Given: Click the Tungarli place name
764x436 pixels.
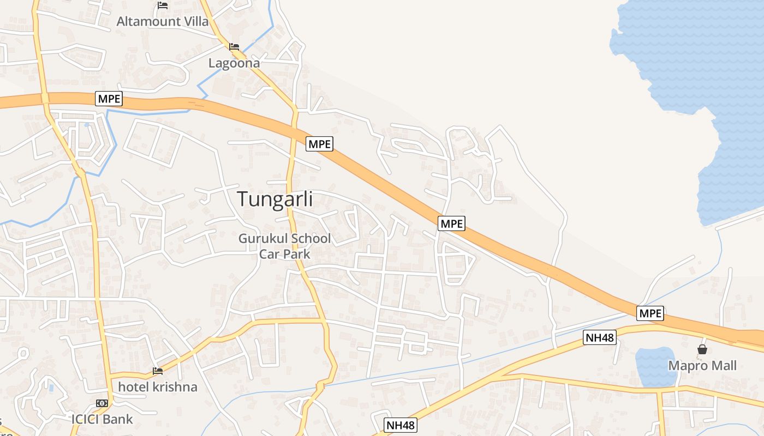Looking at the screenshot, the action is pyautogui.click(x=275, y=199).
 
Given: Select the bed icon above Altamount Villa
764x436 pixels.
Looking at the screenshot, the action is pyautogui.click(x=163, y=5).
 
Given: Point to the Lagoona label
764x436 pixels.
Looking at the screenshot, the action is pyautogui.click(x=234, y=63).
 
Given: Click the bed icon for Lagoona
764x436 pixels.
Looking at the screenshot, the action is pyautogui.click(x=234, y=47).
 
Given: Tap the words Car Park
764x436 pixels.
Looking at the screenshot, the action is pyautogui.click(x=284, y=254).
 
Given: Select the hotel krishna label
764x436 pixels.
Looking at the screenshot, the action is pyautogui.click(x=158, y=387).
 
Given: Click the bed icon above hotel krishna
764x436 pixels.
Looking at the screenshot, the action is pyautogui.click(x=158, y=371).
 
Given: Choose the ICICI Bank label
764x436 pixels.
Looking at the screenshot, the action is pyautogui.click(x=102, y=419).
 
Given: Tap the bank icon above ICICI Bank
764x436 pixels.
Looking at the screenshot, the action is pyautogui.click(x=102, y=403).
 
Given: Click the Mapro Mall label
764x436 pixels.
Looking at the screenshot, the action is pyautogui.click(x=702, y=366).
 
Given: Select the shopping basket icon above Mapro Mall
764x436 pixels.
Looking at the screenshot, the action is pyautogui.click(x=702, y=349).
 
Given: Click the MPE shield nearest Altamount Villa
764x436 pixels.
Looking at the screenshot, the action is pyautogui.click(x=109, y=99).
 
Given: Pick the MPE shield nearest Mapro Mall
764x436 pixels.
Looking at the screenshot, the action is pyautogui.click(x=650, y=313).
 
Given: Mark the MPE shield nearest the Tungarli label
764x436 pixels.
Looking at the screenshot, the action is pyautogui.click(x=319, y=144).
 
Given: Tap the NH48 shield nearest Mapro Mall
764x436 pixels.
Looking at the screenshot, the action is pyautogui.click(x=600, y=337).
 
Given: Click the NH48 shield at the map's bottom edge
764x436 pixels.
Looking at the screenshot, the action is pyautogui.click(x=401, y=425).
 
